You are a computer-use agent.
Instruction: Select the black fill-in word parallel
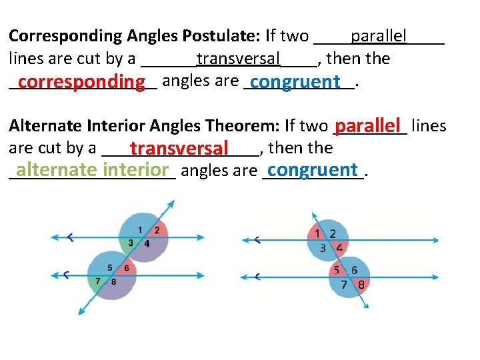379,35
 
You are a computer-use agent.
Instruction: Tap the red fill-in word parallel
370,125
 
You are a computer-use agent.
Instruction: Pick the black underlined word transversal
239,58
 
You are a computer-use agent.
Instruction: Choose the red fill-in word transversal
180,148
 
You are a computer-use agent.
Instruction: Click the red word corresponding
82,82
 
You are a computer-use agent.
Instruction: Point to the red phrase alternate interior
93,170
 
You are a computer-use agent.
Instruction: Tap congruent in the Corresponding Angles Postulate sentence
297,82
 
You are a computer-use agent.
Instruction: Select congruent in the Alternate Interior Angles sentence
313,170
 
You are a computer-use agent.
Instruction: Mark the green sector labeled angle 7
97,281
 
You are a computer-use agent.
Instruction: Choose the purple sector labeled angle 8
115,281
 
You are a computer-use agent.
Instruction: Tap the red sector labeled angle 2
157,229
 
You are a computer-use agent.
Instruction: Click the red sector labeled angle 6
127,268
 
